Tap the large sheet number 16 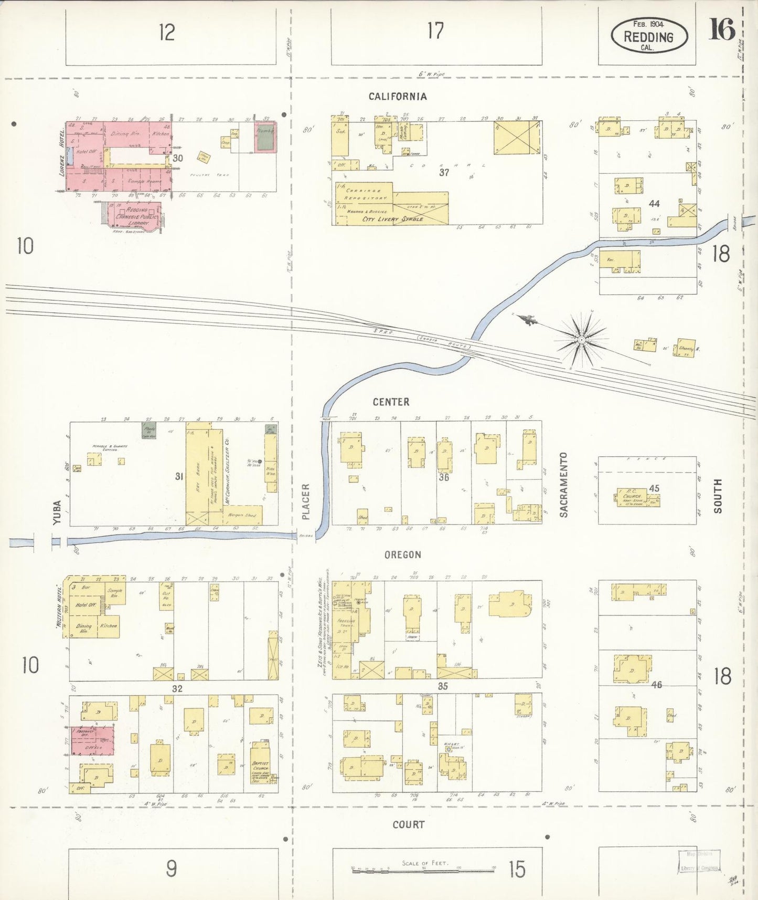point(722,29)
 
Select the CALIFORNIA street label point(397,97)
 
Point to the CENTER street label point(391,402)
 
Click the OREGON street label point(402,555)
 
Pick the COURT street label point(408,825)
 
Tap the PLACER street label point(306,501)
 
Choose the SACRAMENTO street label point(564,485)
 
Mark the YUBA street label point(57,512)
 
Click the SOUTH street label point(717,496)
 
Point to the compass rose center point(581,340)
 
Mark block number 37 point(444,172)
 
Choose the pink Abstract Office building point(92,740)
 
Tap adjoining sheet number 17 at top point(435,31)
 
